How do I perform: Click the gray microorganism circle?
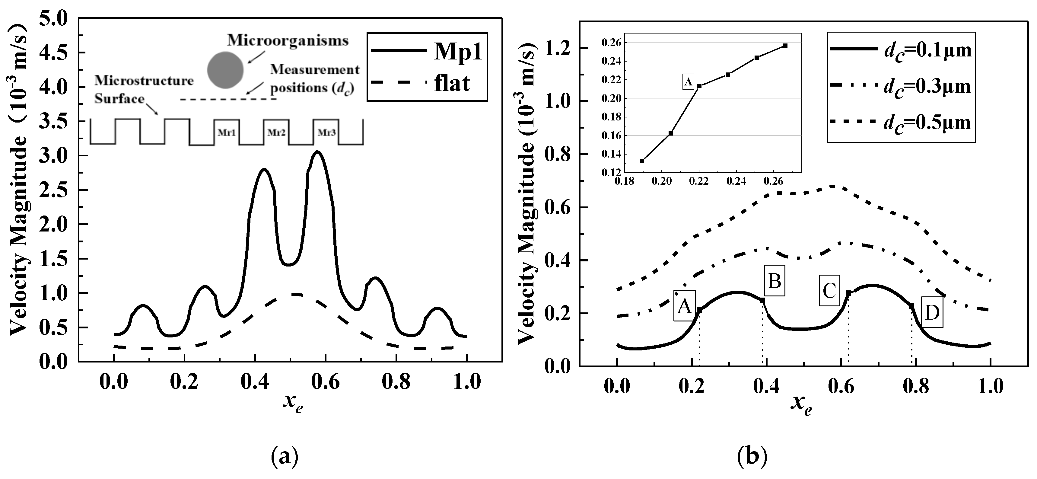coord(225,70)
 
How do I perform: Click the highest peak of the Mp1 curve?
coord(317,152)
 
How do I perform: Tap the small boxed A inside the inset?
coord(689,82)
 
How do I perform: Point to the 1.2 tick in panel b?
coord(558,48)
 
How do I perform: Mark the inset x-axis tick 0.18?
coord(624,182)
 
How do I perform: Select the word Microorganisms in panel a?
coord(288,41)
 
